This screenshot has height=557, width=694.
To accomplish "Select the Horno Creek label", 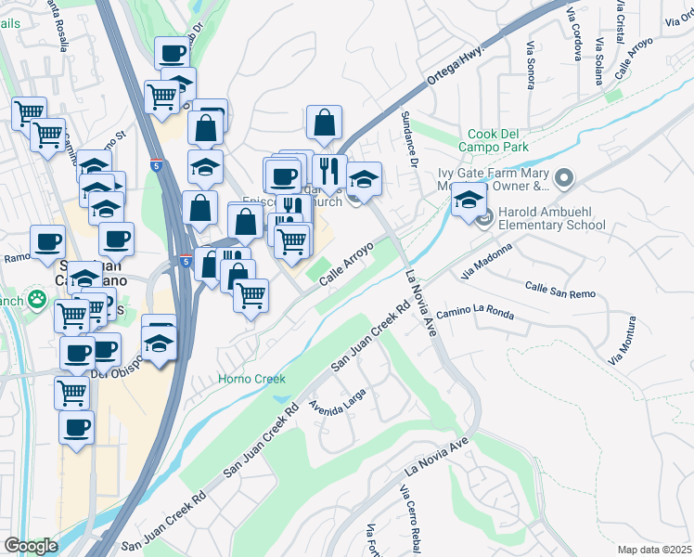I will click(x=251, y=379).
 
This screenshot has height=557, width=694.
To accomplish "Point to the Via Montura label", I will click(x=623, y=340).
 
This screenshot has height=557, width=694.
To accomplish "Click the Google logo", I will click(x=31, y=546).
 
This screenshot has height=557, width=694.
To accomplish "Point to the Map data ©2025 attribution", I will click(x=654, y=550).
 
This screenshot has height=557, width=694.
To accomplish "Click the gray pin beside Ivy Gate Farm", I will click(x=563, y=176).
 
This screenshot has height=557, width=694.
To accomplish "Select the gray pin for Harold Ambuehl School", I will click(x=484, y=218).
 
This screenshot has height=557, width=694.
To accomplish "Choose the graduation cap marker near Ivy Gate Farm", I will click(x=470, y=200).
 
